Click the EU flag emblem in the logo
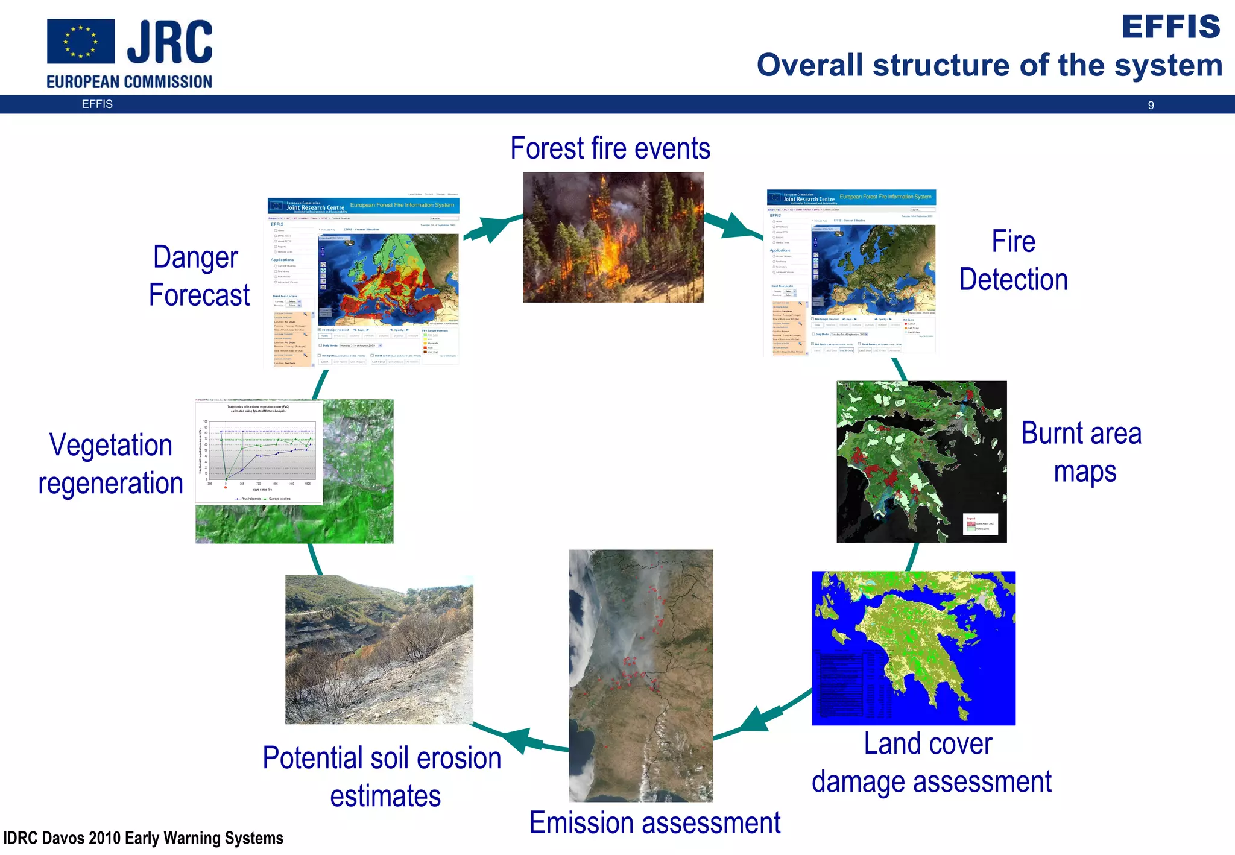[x=81, y=41]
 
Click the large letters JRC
[x=169, y=41]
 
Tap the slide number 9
[x=1151, y=106]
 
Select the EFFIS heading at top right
[x=1170, y=27]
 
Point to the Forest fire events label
[x=610, y=148]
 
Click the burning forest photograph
[x=613, y=238]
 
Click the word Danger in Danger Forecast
[x=195, y=257]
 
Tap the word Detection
[x=1013, y=280]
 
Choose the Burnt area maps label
[x=1082, y=452]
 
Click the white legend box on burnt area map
[x=981, y=524]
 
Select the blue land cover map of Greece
[x=913, y=648]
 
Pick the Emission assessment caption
[x=654, y=823]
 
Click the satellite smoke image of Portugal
[x=640, y=675]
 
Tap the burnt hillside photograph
[x=379, y=649]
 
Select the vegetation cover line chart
[x=259, y=452]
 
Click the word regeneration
[x=111, y=484]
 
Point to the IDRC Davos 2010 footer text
[x=144, y=838]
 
